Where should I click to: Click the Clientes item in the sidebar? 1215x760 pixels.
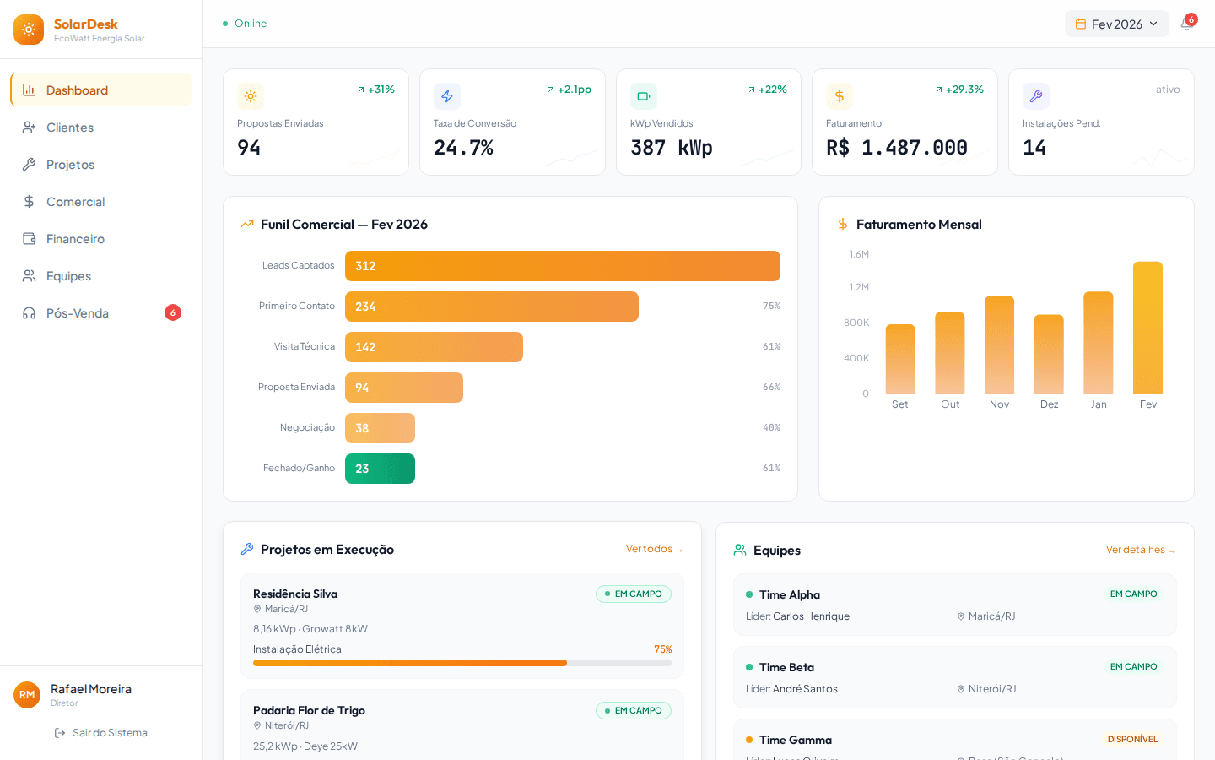[70, 128]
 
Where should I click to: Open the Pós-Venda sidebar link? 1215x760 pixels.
[78, 313]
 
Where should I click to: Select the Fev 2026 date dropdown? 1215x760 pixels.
[1116, 24]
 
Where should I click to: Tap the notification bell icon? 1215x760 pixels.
[1186, 24]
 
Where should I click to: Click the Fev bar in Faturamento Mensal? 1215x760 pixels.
[1147, 328]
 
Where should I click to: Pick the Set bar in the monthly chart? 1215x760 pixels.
[900, 359]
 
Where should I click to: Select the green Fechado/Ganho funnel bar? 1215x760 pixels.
[380, 469]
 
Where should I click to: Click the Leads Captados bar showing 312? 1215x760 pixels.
[562, 266]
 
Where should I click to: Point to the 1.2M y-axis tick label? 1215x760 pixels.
[859, 287]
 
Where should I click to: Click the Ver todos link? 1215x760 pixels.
[654, 549]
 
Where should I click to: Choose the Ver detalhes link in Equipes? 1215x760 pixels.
[1140, 550]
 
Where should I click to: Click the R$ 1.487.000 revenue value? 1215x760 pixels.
[896, 148]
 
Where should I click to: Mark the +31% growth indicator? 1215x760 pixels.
[376, 90]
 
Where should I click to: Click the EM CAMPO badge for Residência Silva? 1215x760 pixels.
[634, 594]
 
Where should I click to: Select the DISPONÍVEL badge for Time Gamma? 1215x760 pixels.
[1132, 740]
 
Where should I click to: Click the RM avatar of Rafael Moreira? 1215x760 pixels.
[27, 695]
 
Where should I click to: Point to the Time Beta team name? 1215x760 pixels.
[786, 668]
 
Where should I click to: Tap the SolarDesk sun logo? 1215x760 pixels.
[29, 30]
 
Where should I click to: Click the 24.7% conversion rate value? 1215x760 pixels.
[463, 148]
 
